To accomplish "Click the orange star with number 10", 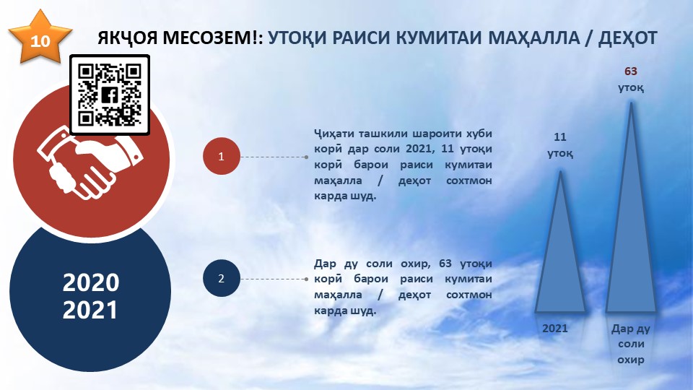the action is [x=40, y=38].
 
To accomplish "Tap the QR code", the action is [x=110, y=95].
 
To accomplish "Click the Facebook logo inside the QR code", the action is [x=110, y=95].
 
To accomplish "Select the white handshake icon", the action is [x=90, y=162].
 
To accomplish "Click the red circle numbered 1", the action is [x=222, y=156].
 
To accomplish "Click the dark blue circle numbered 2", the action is [x=222, y=278].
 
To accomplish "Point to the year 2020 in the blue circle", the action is [x=91, y=282].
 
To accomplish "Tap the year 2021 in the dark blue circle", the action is [x=90, y=310].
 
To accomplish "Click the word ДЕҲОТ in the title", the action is [x=628, y=38].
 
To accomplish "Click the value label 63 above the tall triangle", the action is [x=631, y=71].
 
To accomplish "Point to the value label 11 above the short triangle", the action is [x=560, y=137].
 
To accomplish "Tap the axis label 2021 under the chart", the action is [x=554, y=328].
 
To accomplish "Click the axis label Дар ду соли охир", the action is [x=631, y=344].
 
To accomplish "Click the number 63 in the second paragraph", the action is [x=445, y=264].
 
